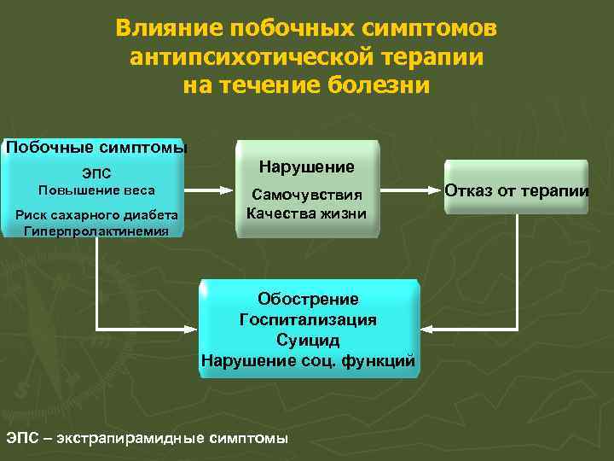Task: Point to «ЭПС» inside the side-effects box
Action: point(96,174)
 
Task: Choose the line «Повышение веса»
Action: point(96,190)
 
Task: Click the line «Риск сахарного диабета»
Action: point(96,214)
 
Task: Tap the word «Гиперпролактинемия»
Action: point(96,230)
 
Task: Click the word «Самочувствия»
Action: point(306,195)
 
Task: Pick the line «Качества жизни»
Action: point(306,213)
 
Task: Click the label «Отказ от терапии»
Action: point(517,190)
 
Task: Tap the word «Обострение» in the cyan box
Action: point(308,299)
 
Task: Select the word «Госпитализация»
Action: point(308,319)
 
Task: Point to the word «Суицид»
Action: point(308,340)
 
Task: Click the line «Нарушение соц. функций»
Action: point(308,360)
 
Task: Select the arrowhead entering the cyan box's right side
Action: point(428,329)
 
